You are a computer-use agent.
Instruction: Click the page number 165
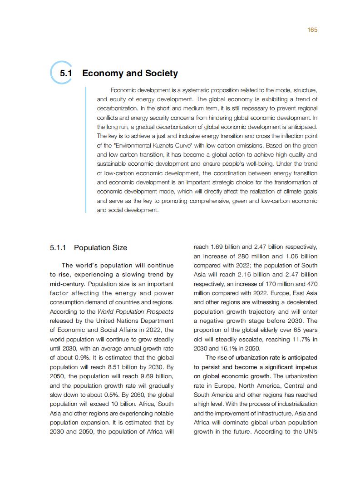312,30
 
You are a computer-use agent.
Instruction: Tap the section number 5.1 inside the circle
67,74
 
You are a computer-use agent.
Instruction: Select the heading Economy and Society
130,74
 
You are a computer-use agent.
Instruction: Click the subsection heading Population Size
100,248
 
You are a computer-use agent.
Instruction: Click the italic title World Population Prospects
136,311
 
